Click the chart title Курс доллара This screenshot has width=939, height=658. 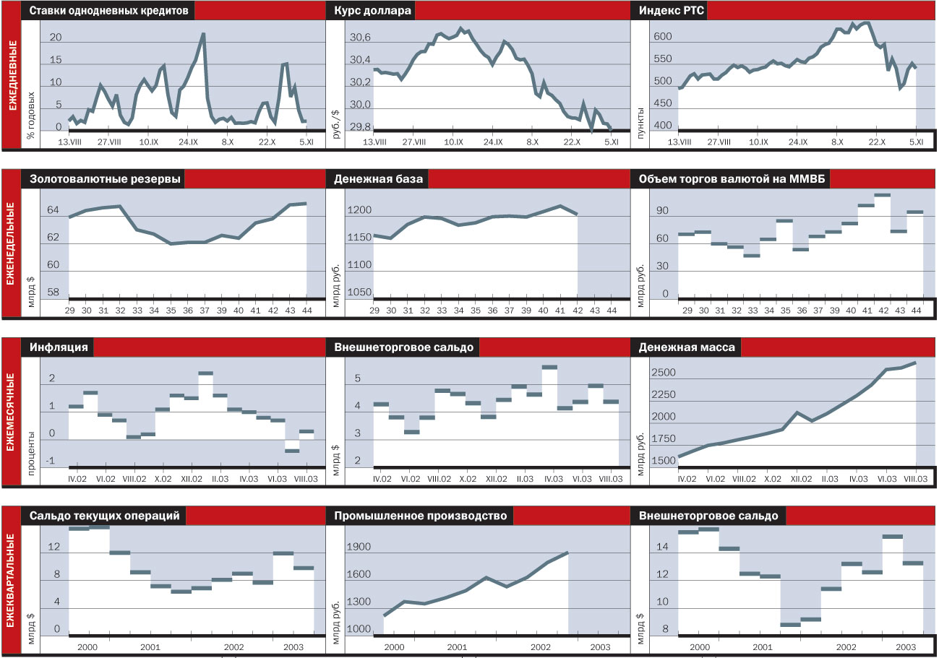(373, 12)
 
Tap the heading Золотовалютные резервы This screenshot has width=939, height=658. (105, 180)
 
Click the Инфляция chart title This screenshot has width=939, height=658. (59, 347)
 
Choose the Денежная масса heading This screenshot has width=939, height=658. (687, 347)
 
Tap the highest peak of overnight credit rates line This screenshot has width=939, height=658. (203, 34)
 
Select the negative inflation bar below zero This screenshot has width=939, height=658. (291, 451)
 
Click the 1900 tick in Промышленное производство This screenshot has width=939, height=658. (359, 547)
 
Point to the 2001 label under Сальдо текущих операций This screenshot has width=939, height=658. (150, 646)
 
